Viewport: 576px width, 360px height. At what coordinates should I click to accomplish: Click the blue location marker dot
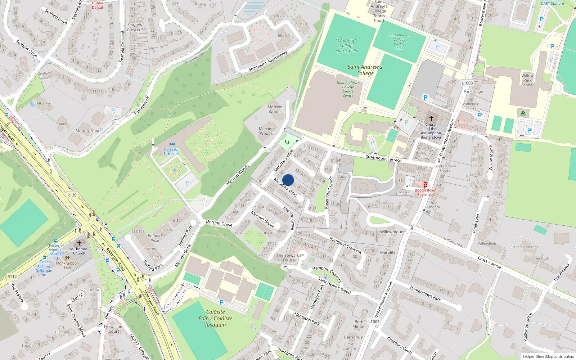click(288, 180)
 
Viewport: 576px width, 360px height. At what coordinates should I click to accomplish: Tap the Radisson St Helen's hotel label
click(172, 152)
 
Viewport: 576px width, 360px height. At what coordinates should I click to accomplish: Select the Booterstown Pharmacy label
click(426, 192)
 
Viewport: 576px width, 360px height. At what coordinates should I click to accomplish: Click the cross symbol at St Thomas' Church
click(79, 243)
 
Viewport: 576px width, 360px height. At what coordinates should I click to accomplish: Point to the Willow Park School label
click(527, 80)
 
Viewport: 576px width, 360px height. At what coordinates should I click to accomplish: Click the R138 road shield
click(72, 195)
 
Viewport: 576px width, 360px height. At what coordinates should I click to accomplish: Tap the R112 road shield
click(12, 276)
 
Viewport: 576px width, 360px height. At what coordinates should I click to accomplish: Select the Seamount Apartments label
click(268, 61)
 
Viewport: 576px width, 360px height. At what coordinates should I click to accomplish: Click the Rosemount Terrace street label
click(383, 158)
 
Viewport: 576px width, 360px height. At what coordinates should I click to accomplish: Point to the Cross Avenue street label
click(489, 262)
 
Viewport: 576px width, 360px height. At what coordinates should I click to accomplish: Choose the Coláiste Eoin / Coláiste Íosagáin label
click(215, 318)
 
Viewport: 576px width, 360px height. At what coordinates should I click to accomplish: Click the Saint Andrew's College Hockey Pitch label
click(399, 41)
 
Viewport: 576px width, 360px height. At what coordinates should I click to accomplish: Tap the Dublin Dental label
click(97, 5)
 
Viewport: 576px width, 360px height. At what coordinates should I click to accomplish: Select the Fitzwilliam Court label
click(114, 329)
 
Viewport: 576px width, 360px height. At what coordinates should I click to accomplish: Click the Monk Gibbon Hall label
click(67, 265)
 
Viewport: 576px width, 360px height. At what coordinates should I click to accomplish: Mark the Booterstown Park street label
click(425, 293)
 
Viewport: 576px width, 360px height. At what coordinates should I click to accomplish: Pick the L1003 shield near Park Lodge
click(467, 83)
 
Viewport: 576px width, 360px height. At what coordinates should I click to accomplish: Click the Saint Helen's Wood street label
click(334, 285)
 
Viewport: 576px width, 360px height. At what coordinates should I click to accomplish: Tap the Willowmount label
click(392, 232)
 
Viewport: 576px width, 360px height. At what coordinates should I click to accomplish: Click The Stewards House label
click(289, 257)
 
